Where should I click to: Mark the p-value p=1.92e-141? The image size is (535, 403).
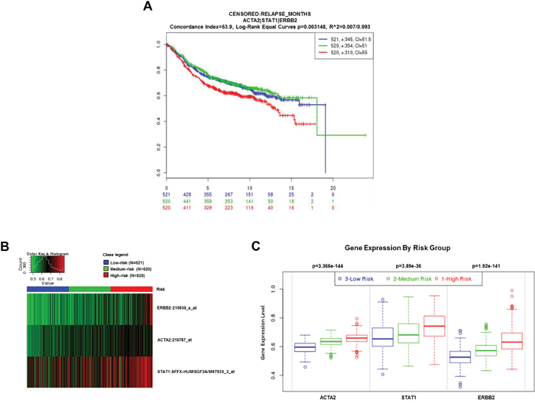pyautogui.click(x=483, y=266)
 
